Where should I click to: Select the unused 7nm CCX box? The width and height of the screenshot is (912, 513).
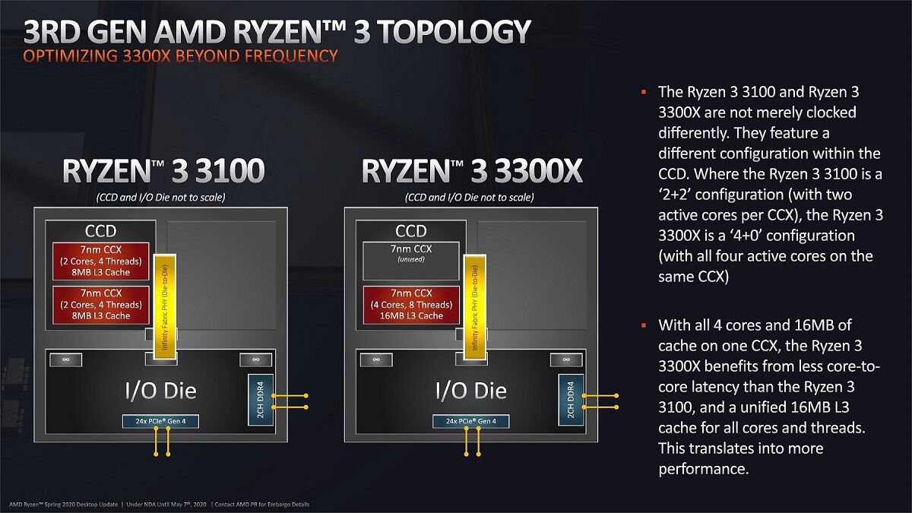tap(411, 261)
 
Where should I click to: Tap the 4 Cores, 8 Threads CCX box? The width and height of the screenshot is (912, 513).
tap(411, 304)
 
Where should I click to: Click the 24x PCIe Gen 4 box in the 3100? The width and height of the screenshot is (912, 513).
tap(160, 421)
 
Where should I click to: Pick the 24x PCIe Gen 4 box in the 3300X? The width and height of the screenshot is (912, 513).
tap(471, 421)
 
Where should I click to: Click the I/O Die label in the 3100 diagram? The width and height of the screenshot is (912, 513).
tap(160, 391)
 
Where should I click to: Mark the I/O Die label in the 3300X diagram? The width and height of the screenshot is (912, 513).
tap(471, 391)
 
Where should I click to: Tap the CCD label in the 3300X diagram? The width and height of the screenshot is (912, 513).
tap(411, 231)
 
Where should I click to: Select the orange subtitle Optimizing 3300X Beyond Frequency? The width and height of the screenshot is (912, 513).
tap(180, 55)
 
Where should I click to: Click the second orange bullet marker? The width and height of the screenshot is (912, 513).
tap(644, 325)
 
